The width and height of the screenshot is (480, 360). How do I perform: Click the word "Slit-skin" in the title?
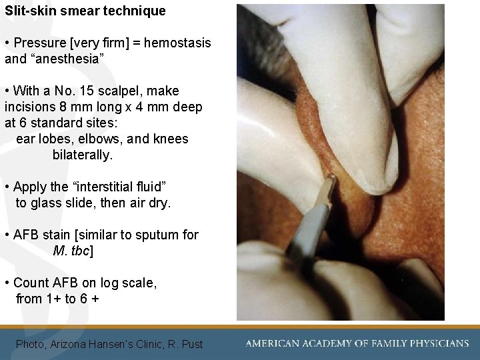29,11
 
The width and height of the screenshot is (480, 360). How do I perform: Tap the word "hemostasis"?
177,43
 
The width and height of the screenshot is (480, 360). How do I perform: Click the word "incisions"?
30,107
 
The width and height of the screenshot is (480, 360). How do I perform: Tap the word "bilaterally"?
82,155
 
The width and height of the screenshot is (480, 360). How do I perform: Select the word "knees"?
170,139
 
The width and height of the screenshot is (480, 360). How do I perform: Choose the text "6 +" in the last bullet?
90,299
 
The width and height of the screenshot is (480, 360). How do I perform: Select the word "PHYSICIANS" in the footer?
435,343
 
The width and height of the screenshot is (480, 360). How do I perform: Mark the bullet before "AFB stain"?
6,235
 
